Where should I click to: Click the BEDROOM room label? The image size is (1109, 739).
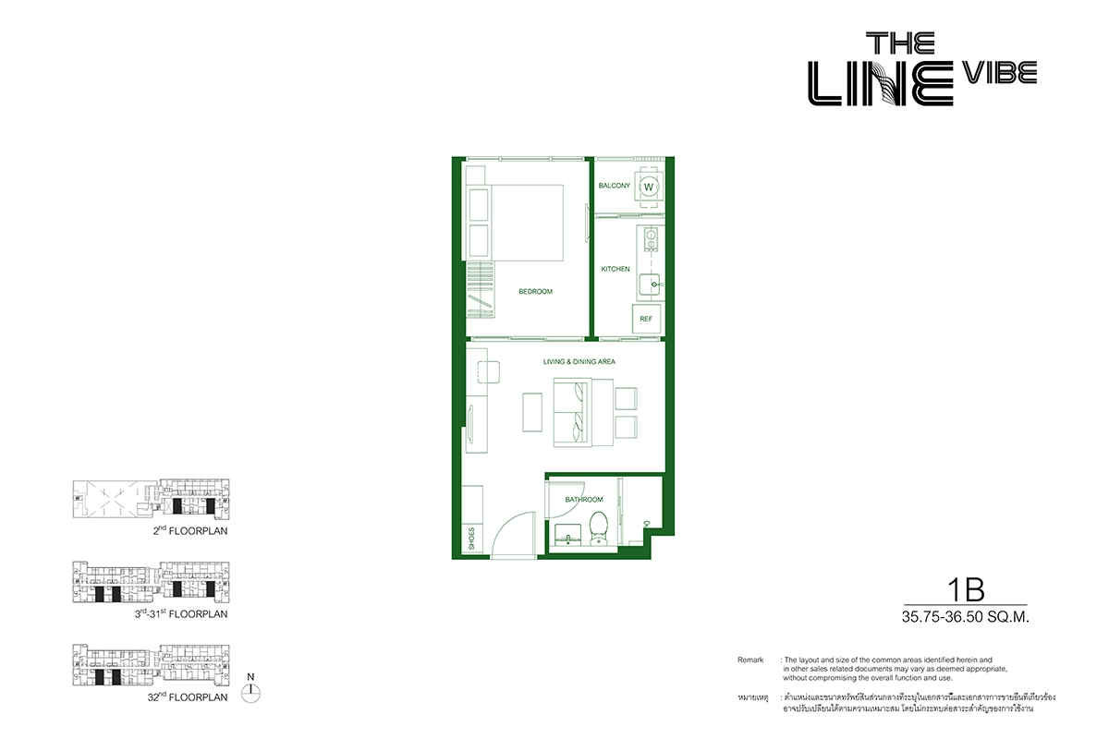[x=535, y=292]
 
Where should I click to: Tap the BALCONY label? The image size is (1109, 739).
[x=614, y=186]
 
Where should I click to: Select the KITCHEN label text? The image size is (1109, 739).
[x=615, y=269]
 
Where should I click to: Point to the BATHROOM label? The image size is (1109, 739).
[x=584, y=500]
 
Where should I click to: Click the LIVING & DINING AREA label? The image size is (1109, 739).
[x=579, y=361]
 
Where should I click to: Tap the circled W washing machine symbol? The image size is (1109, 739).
[x=648, y=188]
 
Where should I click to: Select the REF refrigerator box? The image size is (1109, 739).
[x=646, y=319]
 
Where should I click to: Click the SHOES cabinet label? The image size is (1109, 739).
[x=471, y=538]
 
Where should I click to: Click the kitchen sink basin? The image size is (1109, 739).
[x=649, y=285]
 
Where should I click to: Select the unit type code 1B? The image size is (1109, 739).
[x=966, y=589]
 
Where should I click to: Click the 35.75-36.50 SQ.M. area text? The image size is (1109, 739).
[x=966, y=617]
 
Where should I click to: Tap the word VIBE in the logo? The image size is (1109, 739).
[x=1000, y=73]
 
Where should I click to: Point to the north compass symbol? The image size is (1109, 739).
[x=251, y=693]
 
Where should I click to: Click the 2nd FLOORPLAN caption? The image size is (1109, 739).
[x=190, y=530]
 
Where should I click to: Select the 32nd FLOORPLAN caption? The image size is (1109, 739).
[x=188, y=697]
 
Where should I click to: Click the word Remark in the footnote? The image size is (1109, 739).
[x=750, y=660]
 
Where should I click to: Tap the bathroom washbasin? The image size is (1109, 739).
[x=567, y=536]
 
